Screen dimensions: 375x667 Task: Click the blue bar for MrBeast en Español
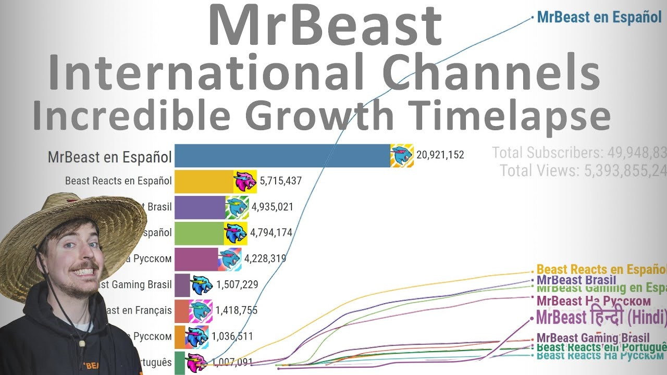tap(282, 155)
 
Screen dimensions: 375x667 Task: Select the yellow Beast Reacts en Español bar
tap(203, 181)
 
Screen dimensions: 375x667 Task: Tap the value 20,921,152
tap(440, 155)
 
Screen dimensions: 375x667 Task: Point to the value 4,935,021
tap(272, 207)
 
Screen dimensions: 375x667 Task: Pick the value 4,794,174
tap(271, 232)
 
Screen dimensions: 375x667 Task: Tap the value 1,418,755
tap(236, 310)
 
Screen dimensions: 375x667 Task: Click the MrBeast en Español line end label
tap(599, 17)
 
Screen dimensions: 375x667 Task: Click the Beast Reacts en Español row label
tap(118, 181)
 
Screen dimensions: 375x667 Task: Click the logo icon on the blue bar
tap(402, 155)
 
